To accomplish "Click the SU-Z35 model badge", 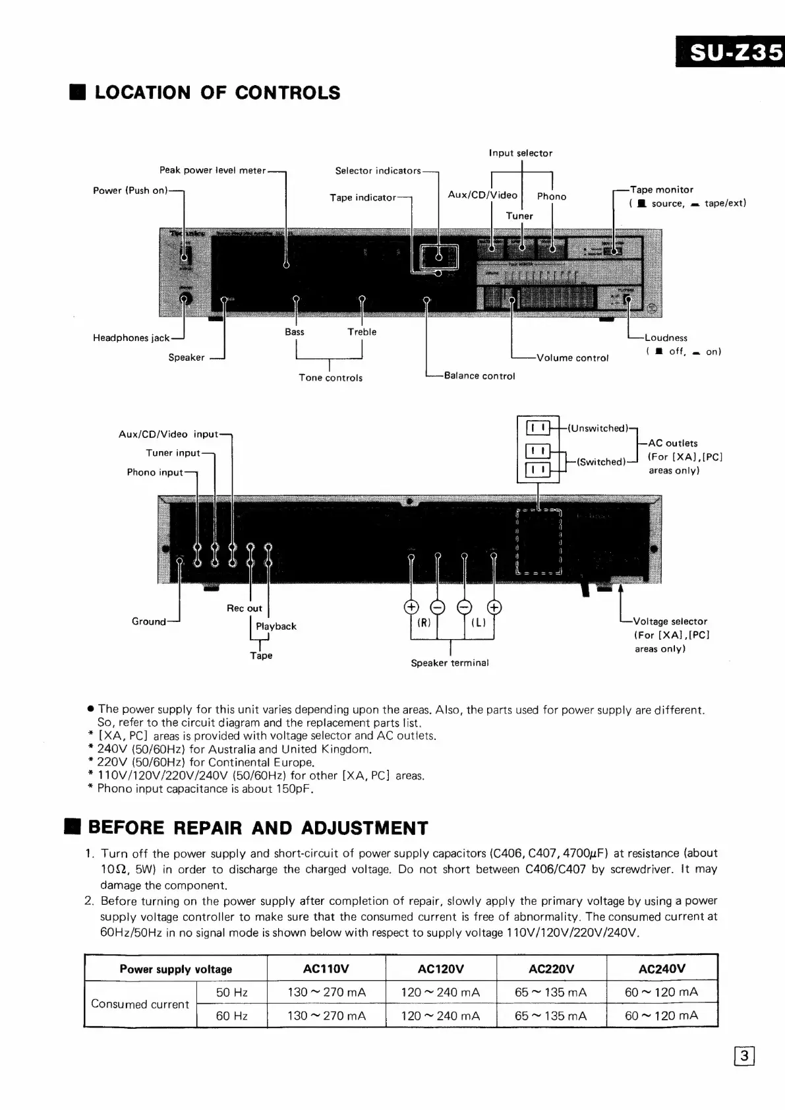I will (730, 51).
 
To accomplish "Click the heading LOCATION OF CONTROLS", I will (217, 92).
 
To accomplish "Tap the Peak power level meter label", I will (212, 170).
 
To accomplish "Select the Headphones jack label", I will (131, 338).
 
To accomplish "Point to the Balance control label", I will (479, 376).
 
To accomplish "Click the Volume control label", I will (572, 358).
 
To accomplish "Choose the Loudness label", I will (666, 338).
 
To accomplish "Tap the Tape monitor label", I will (661, 189).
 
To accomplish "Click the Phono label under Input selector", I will (552, 196).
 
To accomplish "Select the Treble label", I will (362, 332).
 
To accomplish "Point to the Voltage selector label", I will (670, 621).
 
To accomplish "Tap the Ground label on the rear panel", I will (148, 621).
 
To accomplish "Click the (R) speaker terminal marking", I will (424, 622).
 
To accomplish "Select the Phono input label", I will (155, 472).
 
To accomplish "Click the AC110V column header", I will (326, 969).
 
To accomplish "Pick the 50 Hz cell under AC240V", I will (661, 992).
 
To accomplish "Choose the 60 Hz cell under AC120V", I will (440, 1016).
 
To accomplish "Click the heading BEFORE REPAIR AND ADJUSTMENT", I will (258, 828).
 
